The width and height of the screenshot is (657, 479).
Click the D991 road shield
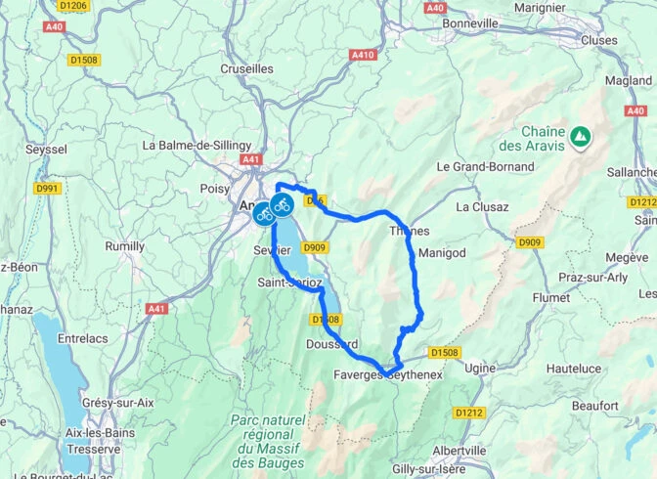click(47, 188)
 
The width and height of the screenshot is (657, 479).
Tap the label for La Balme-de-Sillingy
click(197, 145)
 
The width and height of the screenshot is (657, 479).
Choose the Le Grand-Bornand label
click(485, 166)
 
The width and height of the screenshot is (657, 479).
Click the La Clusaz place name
click(482, 207)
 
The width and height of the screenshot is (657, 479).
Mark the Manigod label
click(443, 252)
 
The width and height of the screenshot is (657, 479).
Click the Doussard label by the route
click(331, 344)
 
